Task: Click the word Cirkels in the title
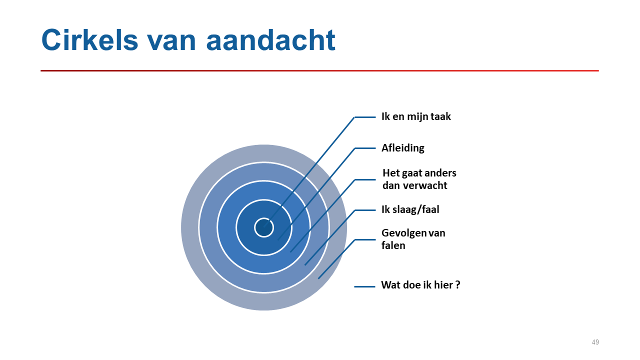(x=90, y=40)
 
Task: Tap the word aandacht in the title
(x=270, y=40)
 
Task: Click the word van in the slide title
(x=171, y=43)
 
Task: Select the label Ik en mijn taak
(x=416, y=117)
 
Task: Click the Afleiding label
(x=403, y=148)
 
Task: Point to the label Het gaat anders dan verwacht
(x=419, y=179)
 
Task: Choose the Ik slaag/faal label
(x=410, y=209)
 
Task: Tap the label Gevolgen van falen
(x=413, y=239)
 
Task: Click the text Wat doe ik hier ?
(x=420, y=285)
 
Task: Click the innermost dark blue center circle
(x=264, y=227)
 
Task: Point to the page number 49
(x=595, y=342)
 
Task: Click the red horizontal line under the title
(x=319, y=70)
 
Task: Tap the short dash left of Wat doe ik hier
(x=364, y=286)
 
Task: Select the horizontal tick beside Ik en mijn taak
(x=365, y=117)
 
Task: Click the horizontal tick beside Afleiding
(x=365, y=148)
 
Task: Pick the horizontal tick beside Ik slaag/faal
(x=365, y=210)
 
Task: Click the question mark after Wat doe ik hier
(x=457, y=284)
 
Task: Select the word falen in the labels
(x=393, y=245)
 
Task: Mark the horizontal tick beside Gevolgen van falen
(x=365, y=239)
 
